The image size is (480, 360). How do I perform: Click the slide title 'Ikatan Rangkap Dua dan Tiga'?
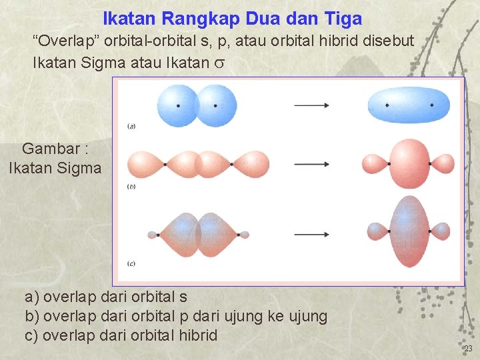(233, 19)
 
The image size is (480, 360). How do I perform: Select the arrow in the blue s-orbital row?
(311, 105)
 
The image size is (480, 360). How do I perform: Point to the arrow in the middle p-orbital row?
(311, 163)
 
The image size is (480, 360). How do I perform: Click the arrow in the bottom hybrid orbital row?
(311, 235)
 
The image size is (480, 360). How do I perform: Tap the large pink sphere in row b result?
(409, 163)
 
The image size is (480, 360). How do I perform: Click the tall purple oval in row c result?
(409, 232)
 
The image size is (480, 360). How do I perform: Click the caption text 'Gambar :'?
(55, 149)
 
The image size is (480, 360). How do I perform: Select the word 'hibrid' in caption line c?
(196, 335)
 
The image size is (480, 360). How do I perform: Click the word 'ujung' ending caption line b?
(306, 316)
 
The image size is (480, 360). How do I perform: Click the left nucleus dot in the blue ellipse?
(387, 105)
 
